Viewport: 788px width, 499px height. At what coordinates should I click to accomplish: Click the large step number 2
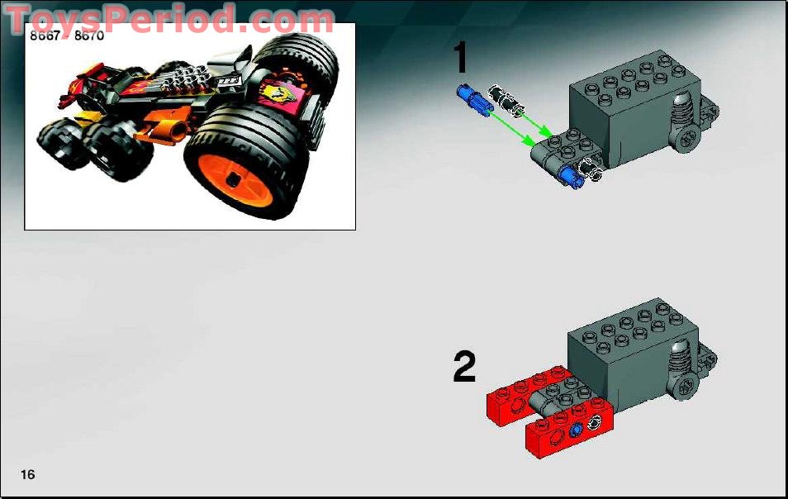[464, 367]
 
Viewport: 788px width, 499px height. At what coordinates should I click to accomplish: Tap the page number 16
[28, 474]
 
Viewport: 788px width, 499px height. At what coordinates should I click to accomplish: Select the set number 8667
[46, 36]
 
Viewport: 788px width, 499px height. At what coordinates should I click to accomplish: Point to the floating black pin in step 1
[506, 98]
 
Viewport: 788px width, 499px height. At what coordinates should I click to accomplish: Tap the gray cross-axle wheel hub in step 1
[686, 140]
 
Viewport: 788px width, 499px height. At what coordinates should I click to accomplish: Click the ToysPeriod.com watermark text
[169, 18]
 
